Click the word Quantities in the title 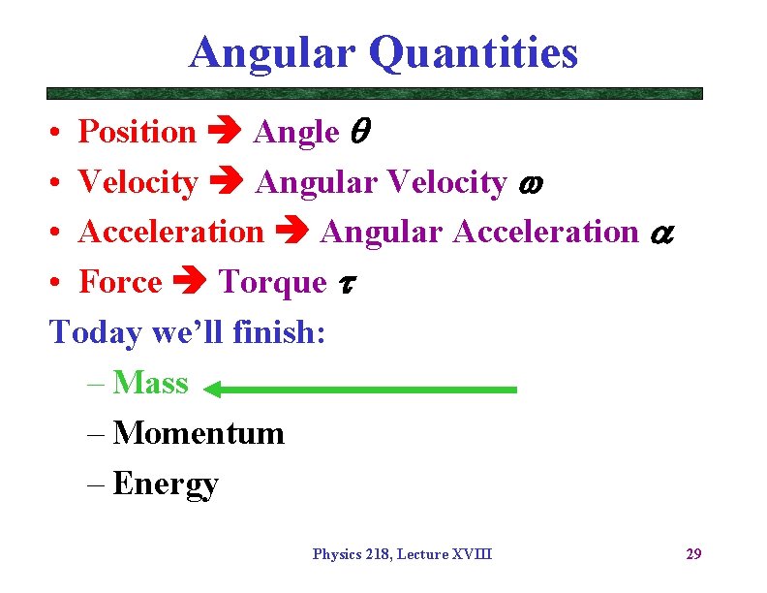(474, 53)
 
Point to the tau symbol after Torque (346, 283)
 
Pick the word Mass (150, 383)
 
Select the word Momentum (199, 433)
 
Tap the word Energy (166, 484)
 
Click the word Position (137, 132)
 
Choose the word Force (120, 283)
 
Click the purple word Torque (274, 283)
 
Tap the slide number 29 (693, 554)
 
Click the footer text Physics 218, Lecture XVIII (402, 554)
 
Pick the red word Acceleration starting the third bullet (170, 233)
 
